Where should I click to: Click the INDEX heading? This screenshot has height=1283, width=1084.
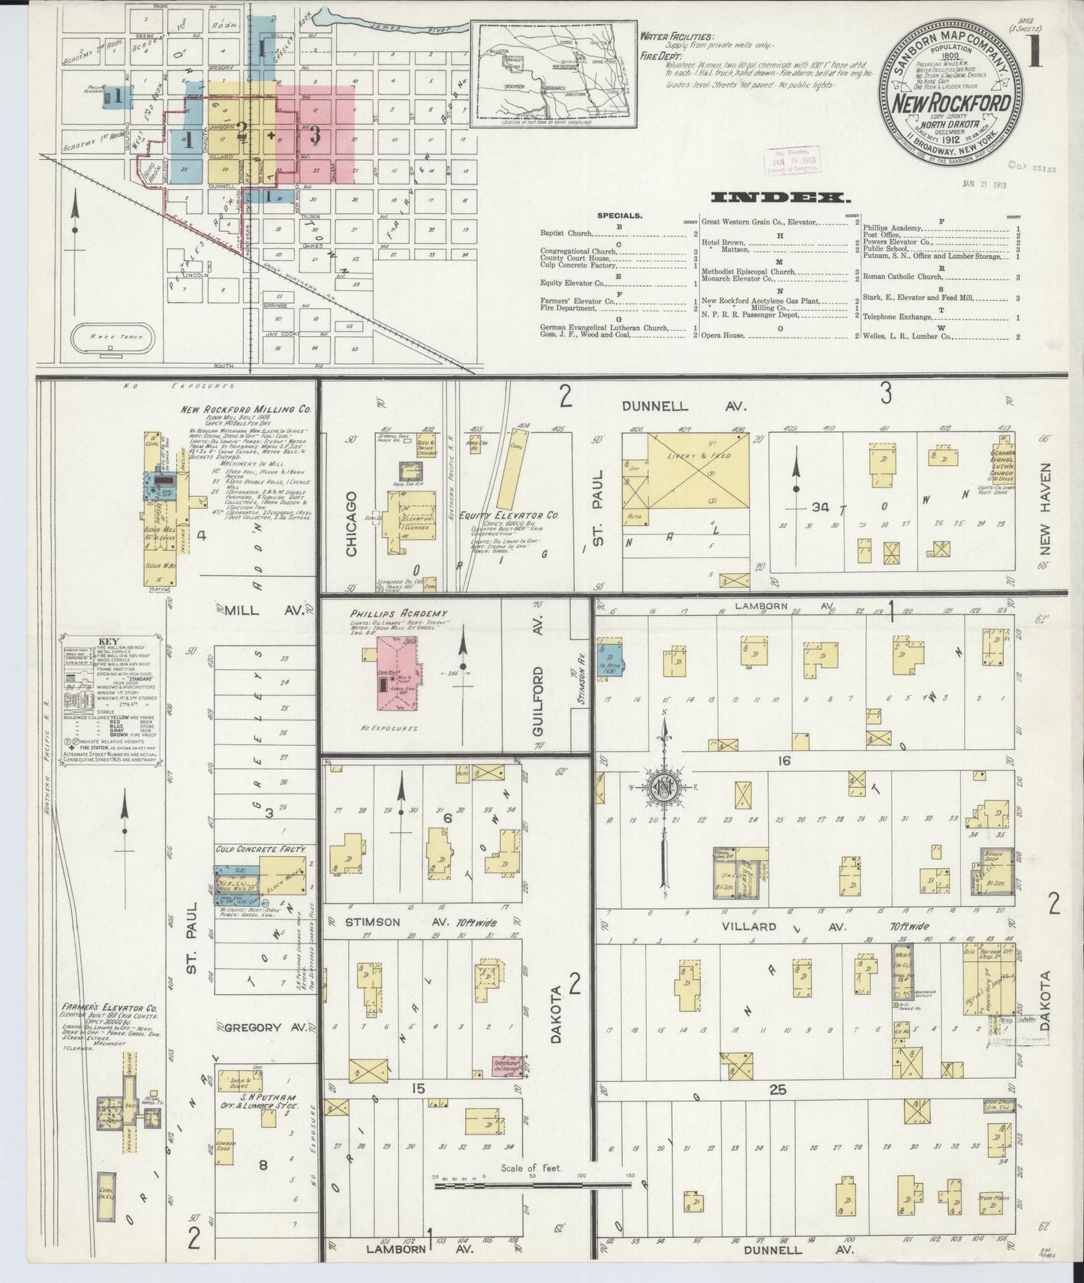tap(780, 199)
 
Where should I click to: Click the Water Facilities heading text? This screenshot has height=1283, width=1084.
tap(677, 35)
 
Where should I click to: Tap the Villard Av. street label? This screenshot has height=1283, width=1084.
tap(750, 926)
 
